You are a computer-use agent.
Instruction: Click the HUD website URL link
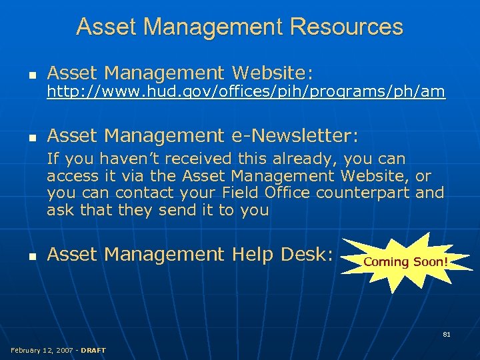[245, 92]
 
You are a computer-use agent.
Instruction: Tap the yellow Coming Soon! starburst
[405, 261]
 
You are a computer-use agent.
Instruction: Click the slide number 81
[447, 334]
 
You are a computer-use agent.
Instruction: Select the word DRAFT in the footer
[93, 350]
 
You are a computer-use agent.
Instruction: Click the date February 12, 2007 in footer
[41, 350]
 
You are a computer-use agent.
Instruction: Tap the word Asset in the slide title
[107, 27]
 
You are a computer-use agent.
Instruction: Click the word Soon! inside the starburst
[429, 261]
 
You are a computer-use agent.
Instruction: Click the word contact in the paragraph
[143, 193]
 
